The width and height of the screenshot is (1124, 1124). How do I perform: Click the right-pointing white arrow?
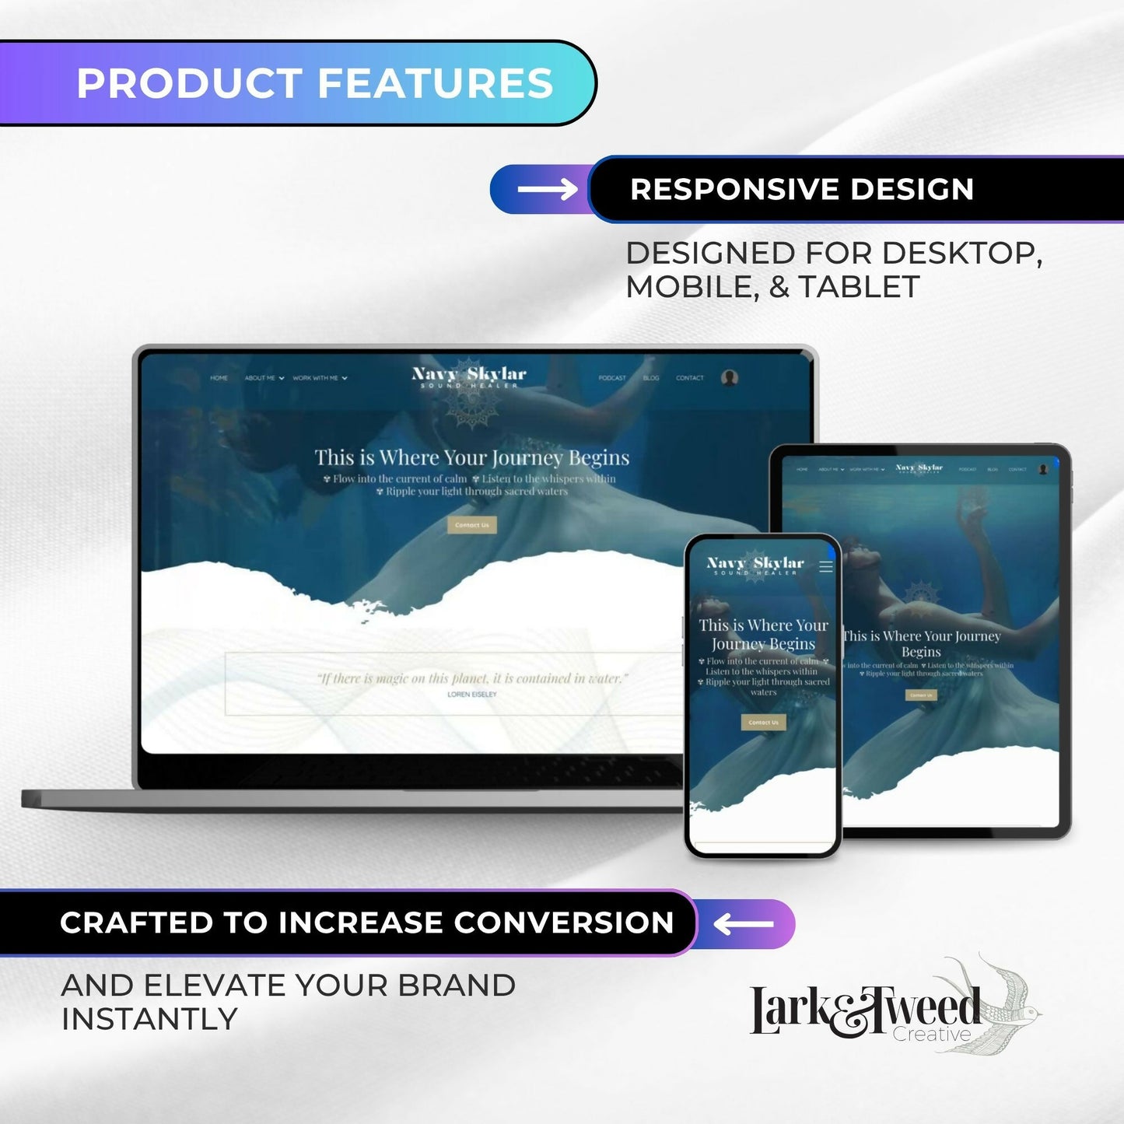pos(547,189)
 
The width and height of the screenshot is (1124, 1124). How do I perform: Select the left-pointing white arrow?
pos(744,924)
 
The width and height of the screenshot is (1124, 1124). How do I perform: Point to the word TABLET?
pos(859,287)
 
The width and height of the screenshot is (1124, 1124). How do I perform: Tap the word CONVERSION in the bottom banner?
pos(564,923)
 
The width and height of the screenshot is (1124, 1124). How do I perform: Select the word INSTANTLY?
pos(149,1019)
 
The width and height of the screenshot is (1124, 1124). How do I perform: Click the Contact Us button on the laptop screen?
pos(472,525)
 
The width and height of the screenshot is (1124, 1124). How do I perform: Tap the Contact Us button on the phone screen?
pos(763,723)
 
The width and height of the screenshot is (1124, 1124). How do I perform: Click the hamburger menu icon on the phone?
pos(826,566)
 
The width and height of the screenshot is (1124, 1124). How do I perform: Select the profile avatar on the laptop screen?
pos(730,378)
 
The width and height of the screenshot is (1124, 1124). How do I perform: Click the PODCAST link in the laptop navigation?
pos(612,378)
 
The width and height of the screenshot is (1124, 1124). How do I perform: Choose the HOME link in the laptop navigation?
pos(219,378)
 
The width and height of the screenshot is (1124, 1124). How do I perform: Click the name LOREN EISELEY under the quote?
pos(472,695)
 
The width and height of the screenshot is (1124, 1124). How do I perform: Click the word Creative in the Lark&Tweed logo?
pos(931,1035)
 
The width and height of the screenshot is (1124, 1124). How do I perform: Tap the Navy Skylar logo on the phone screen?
pos(755,565)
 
